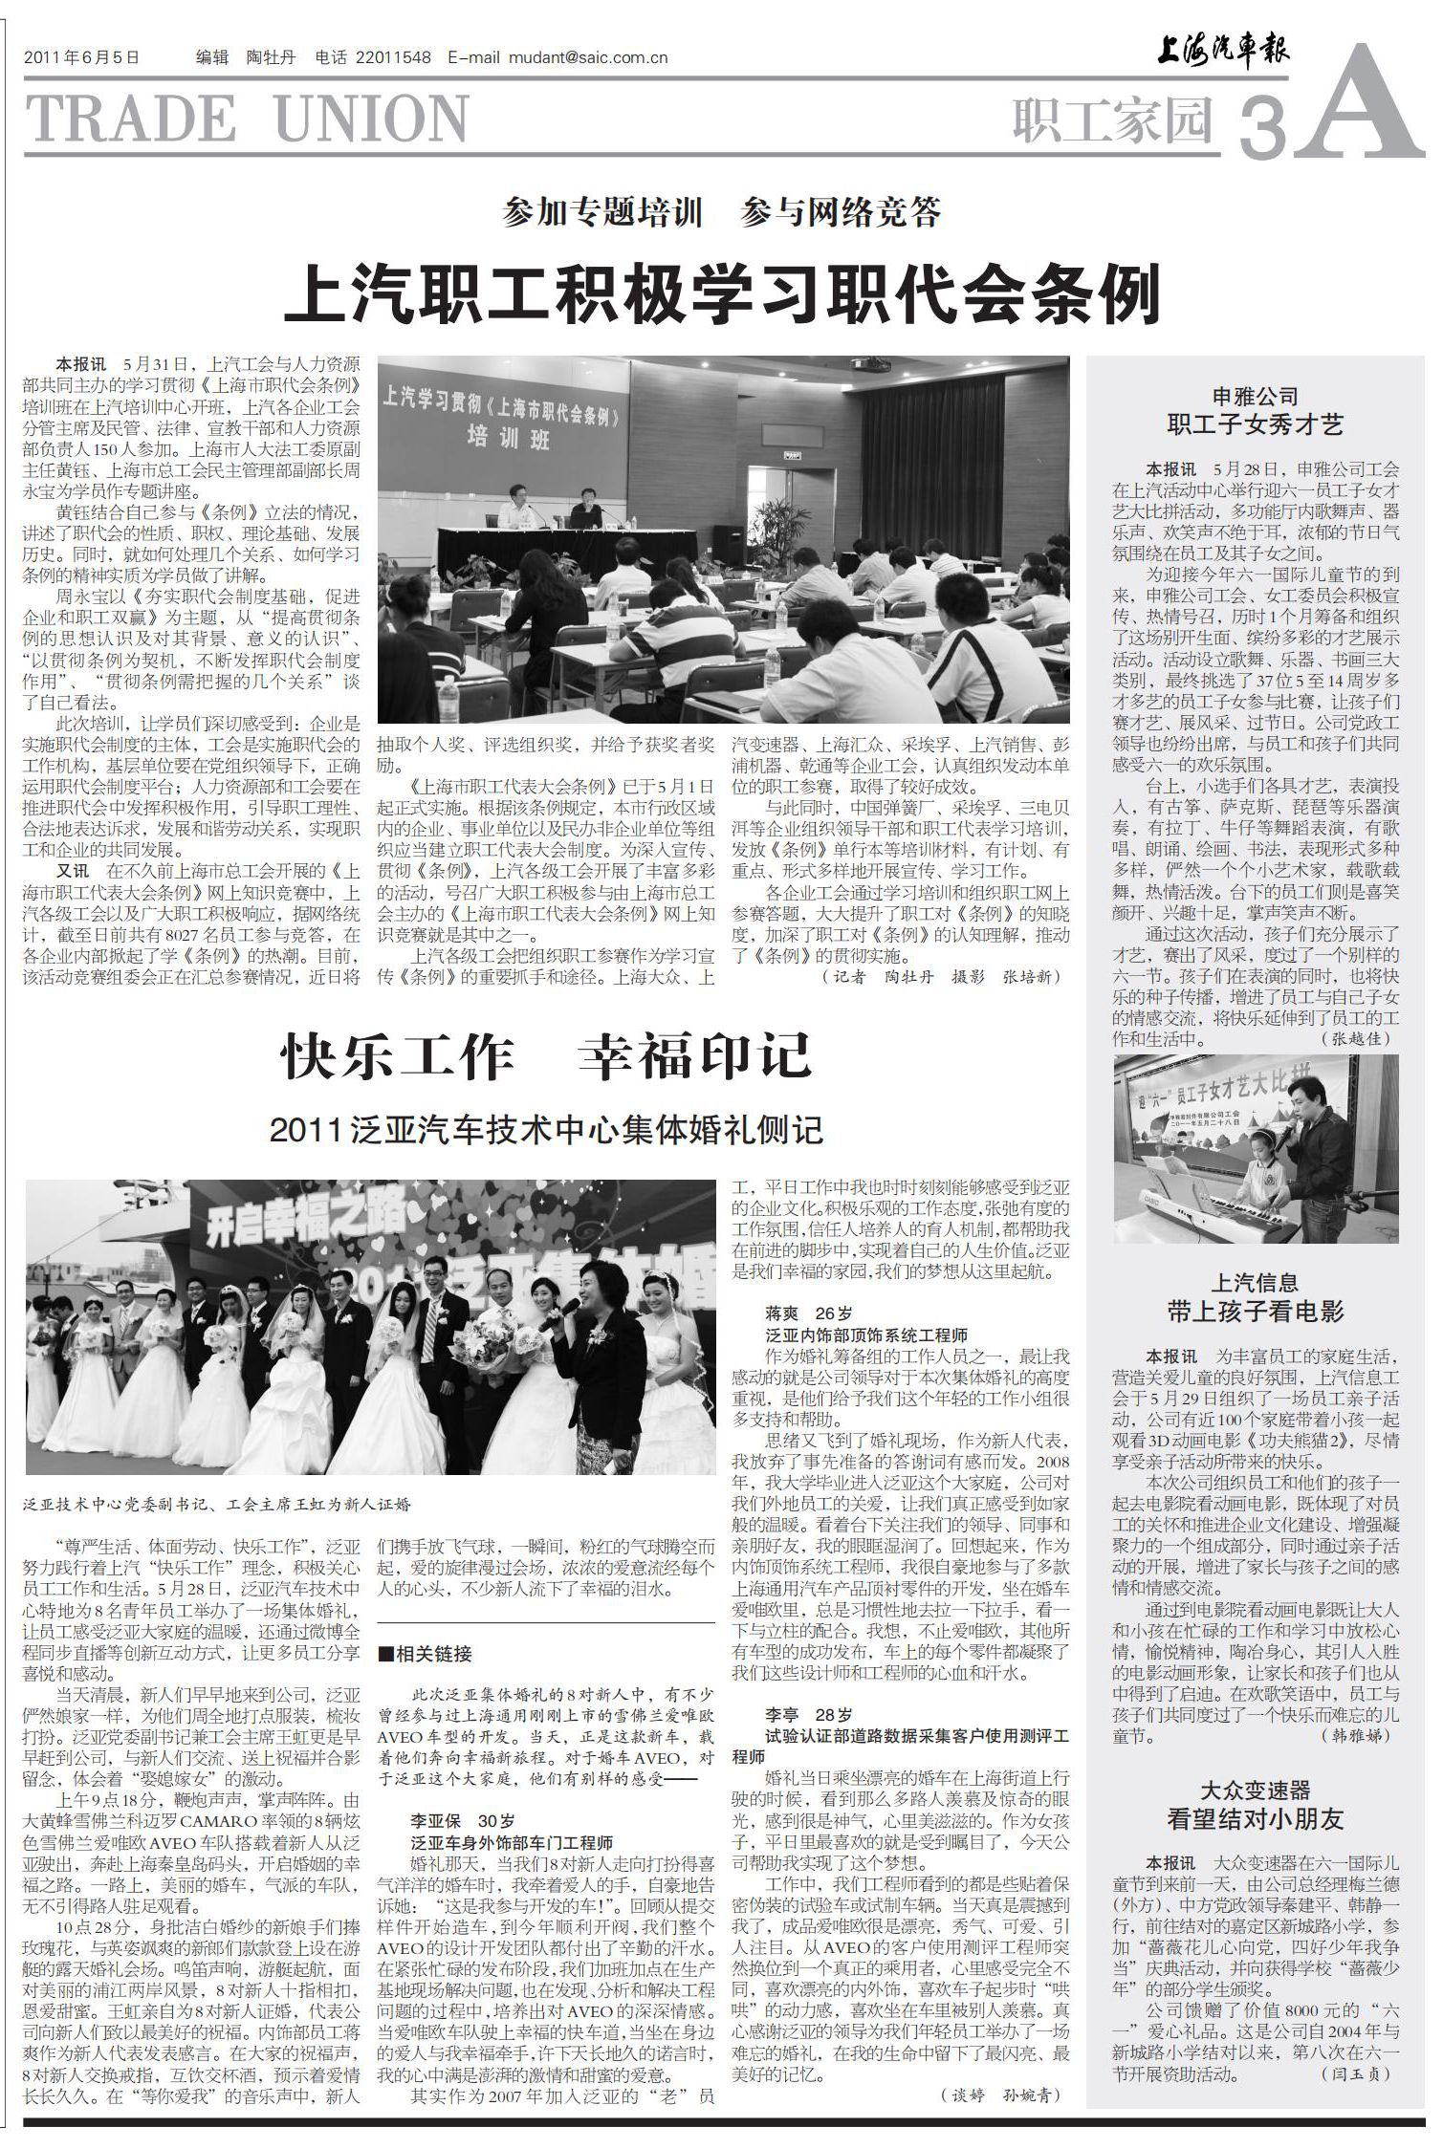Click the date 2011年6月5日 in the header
click(x=82, y=57)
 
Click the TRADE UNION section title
click(x=247, y=120)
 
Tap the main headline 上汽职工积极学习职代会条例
click(x=722, y=293)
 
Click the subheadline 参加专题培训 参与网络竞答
click(x=722, y=212)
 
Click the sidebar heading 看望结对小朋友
click(x=1255, y=1818)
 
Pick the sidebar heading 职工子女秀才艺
click(x=1255, y=424)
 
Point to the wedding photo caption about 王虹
click(x=219, y=1504)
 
